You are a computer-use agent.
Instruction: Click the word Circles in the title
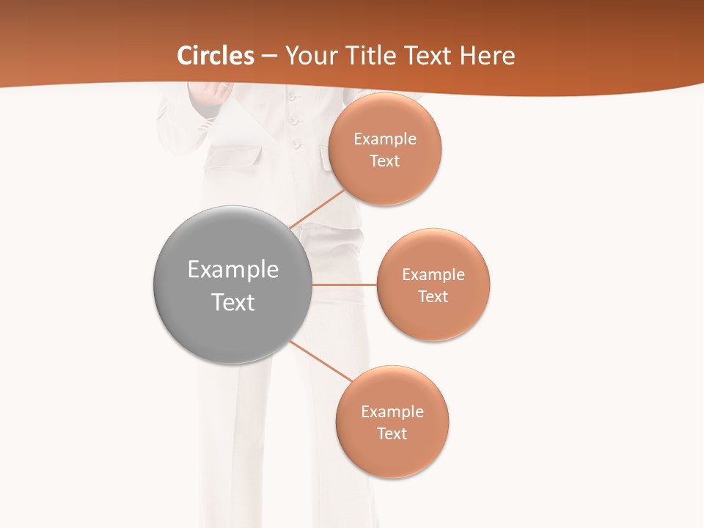216,56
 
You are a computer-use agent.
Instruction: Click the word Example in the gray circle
233,270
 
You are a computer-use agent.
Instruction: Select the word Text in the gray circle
233,302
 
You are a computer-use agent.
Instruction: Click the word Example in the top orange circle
385,139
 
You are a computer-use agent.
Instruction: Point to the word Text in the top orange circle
384,161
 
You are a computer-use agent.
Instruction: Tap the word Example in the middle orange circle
433,274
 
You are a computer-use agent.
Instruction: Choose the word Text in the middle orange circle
433,296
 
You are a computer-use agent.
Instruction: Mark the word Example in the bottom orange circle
392,411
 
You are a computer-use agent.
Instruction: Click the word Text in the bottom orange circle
392,433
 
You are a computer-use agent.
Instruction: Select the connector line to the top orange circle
318,209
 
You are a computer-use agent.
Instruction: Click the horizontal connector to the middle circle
344,285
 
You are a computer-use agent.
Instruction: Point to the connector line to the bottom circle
320,360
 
